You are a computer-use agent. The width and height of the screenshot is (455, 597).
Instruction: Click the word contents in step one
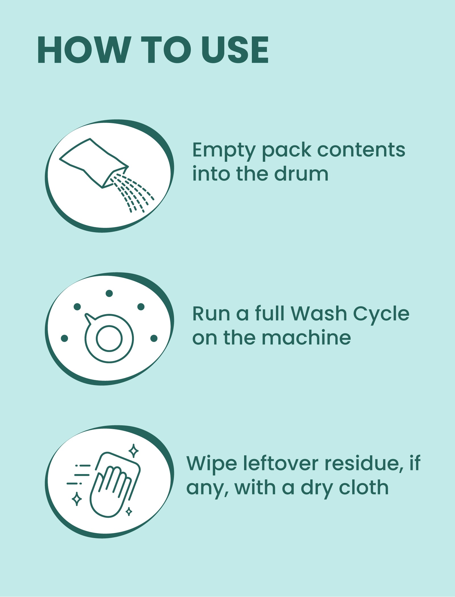pyautogui.click(x=361, y=150)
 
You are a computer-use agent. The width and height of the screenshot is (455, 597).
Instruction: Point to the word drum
pyautogui.click(x=301, y=174)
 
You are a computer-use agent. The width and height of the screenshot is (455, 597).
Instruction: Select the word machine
pyautogui.click(x=306, y=338)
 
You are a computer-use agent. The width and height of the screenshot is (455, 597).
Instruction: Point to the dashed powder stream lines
pyautogui.click(x=133, y=193)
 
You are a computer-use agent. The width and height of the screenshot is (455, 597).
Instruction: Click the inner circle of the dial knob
pyautogui.click(x=109, y=338)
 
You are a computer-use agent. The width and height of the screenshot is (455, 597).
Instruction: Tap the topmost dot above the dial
pyautogui.click(x=109, y=293)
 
